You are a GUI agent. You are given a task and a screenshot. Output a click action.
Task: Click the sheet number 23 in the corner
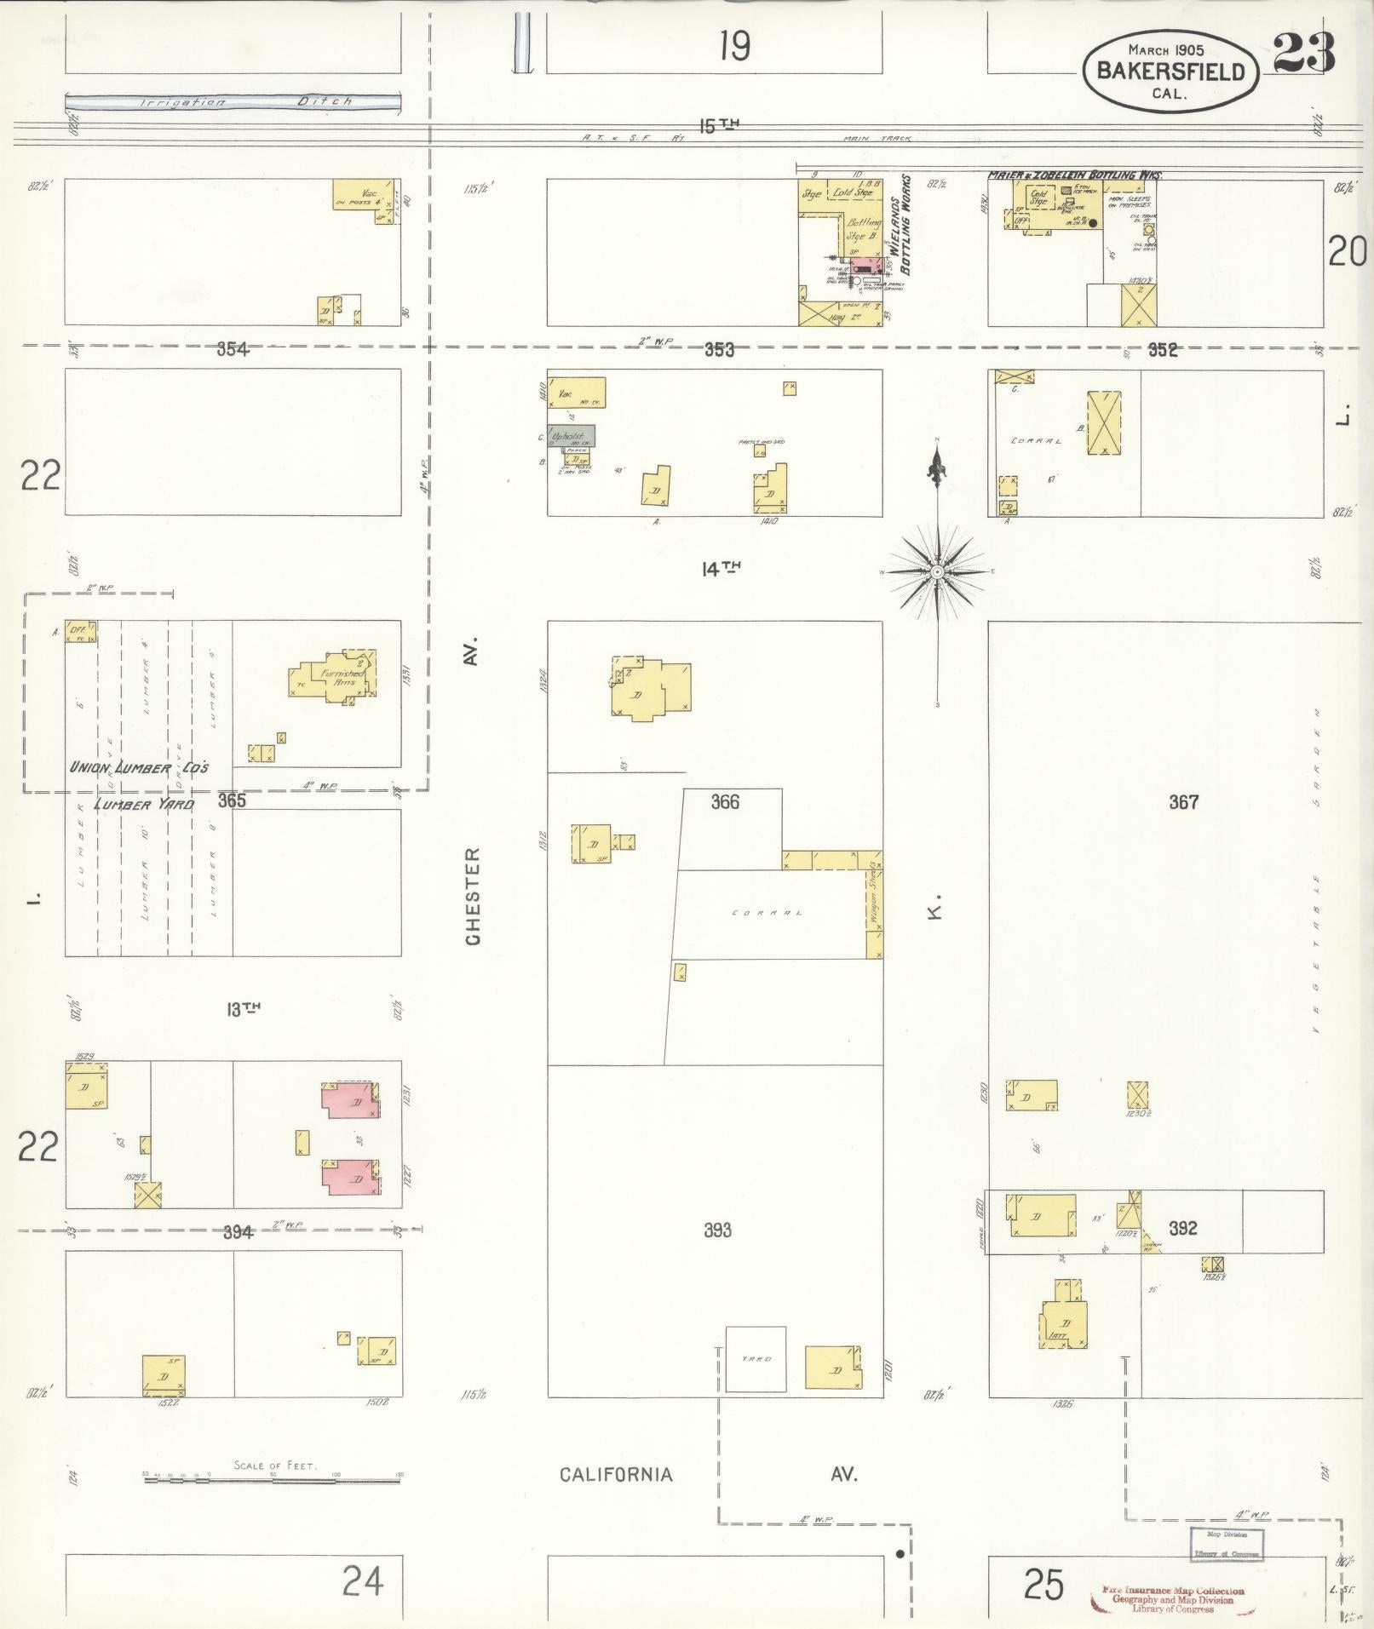click(1303, 54)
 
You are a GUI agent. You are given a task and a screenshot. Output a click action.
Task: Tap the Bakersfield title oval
click(1170, 73)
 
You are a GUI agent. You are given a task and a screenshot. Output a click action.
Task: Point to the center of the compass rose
click(937, 571)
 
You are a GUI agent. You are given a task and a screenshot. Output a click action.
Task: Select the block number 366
click(725, 802)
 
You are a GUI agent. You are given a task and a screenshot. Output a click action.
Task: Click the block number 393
click(717, 1230)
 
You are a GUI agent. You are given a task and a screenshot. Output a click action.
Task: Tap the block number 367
click(1183, 801)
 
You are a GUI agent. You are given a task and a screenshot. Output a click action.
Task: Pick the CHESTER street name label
click(474, 895)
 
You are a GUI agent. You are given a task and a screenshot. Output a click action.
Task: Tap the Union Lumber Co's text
click(139, 767)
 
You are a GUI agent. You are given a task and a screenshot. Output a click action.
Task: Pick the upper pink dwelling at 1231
click(350, 1099)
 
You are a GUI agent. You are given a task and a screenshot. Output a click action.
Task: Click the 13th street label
click(243, 1009)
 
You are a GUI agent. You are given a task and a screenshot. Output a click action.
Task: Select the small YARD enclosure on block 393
click(755, 1359)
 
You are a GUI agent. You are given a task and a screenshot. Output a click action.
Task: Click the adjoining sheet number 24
click(363, 1583)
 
